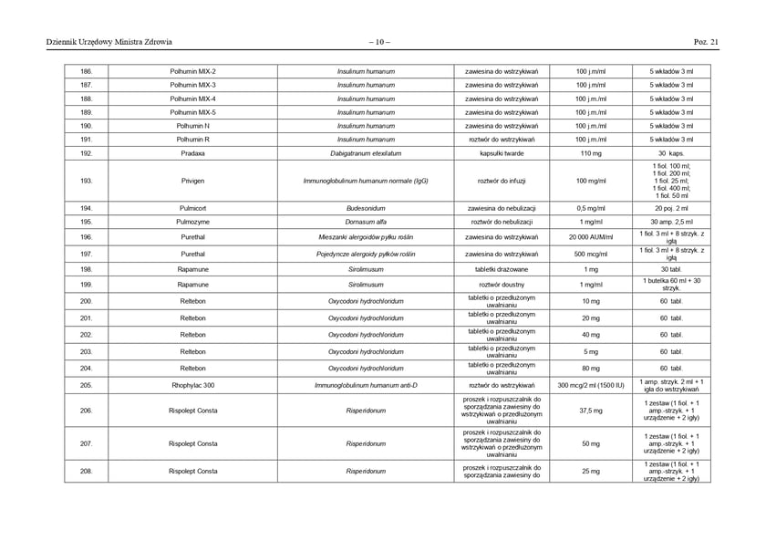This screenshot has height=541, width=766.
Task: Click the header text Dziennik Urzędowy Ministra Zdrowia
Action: tap(109, 41)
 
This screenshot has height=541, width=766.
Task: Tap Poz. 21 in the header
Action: tap(706, 41)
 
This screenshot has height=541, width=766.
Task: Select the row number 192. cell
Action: tap(87, 153)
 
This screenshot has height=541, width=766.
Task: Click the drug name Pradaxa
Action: tap(192, 153)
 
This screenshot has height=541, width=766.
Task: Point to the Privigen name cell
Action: tap(192, 181)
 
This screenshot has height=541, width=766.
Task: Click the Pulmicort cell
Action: tap(192, 208)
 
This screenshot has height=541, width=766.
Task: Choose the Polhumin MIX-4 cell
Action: tap(192, 99)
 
